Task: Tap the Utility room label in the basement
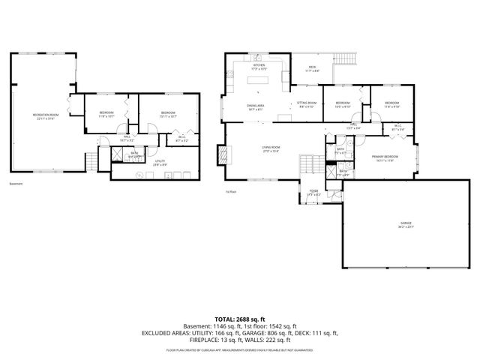(x=160, y=161)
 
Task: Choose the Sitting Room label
(x=307, y=104)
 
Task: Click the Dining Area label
(x=256, y=106)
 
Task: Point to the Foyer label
(x=313, y=193)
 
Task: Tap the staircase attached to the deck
(x=346, y=58)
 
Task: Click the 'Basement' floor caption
(x=16, y=184)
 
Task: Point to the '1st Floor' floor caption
(x=231, y=193)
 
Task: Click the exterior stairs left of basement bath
(x=91, y=160)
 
